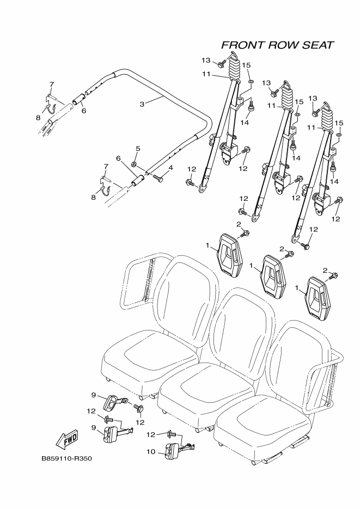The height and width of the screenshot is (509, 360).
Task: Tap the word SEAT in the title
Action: click(316, 45)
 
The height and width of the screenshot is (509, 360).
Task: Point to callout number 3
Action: click(142, 103)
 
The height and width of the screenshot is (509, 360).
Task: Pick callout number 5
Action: click(138, 148)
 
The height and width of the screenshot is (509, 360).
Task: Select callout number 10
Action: click(151, 451)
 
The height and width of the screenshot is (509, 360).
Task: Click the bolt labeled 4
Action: click(158, 177)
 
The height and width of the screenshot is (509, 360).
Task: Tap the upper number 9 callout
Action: click(93, 395)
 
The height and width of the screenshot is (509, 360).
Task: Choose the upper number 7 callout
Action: click(52, 84)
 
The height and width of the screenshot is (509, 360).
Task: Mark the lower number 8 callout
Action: click(93, 198)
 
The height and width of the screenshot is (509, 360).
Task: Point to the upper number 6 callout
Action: click(84, 111)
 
